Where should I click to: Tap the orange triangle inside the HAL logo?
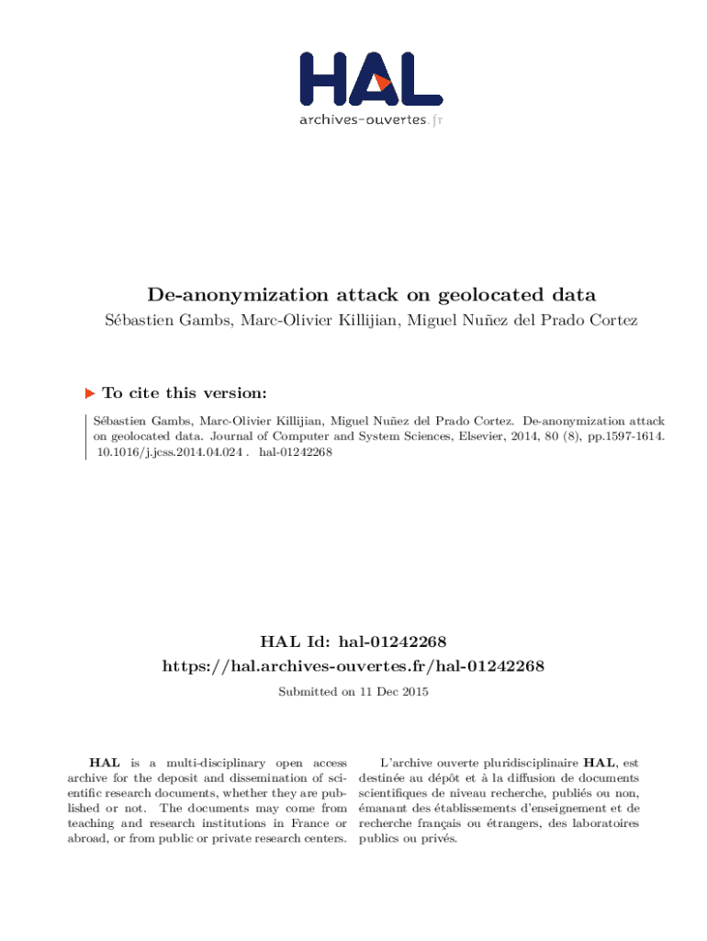click(x=383, y=82)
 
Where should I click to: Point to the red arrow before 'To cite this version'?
click(x=90, y=393)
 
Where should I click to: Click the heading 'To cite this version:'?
click(x=185, y=393)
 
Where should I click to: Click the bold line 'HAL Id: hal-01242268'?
click(x=353, y=640)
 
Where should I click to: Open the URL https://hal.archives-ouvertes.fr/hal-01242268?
click(x=353, y=665)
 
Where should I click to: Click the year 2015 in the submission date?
click(x=413, y=691)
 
